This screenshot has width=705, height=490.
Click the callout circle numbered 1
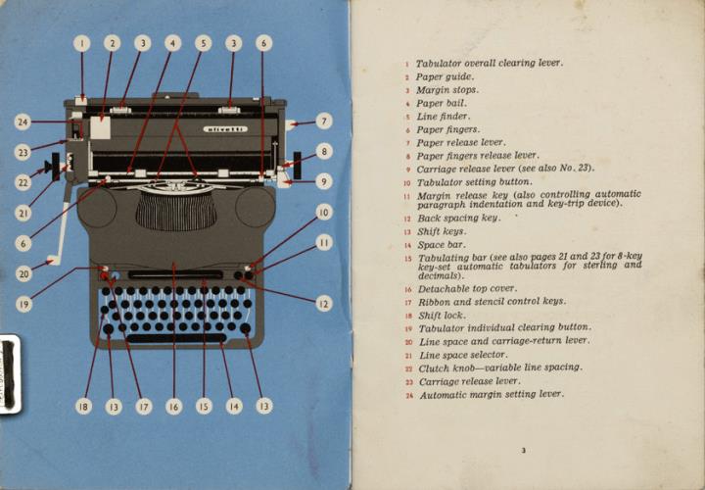coord(82,43)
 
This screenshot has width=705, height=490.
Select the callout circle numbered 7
coord(324,122)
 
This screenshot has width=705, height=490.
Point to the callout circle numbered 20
coord(24,275)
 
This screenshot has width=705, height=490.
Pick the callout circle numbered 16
coord(173,406)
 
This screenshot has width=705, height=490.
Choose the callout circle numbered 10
coord(324,212)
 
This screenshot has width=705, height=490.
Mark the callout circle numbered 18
coord(84,406)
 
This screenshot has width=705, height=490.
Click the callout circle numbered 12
coord(324,304)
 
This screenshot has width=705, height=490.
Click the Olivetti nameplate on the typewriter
coord(225,129)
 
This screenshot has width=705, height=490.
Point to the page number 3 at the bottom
coord(524,451)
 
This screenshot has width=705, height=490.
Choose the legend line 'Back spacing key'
coord(458,218)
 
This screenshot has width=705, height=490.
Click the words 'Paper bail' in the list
coord(442,103)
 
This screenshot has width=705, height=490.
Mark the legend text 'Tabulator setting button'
coord(475,181)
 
